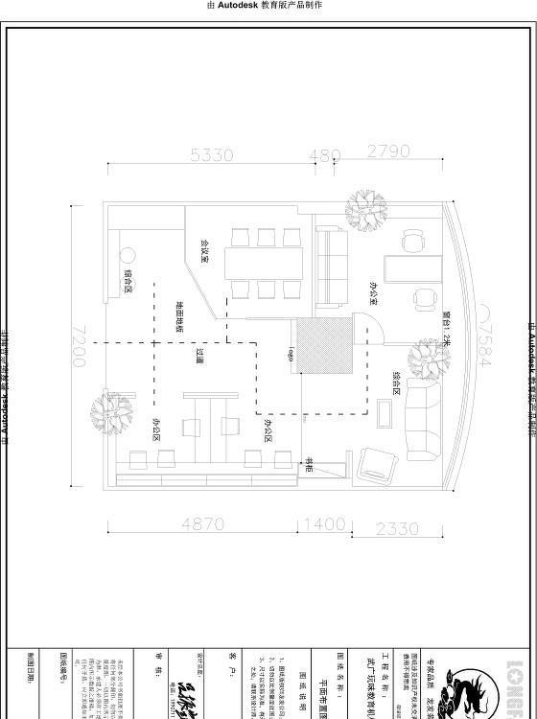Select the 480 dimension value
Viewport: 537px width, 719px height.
click(x=325, y=154)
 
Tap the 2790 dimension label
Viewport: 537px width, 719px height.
click(x=388, y=151)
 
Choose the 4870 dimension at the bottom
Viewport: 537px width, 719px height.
click(x=202, y=524)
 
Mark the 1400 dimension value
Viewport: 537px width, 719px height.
click(x=325, y=524)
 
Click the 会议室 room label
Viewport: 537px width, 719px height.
click(x=204, y=250)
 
